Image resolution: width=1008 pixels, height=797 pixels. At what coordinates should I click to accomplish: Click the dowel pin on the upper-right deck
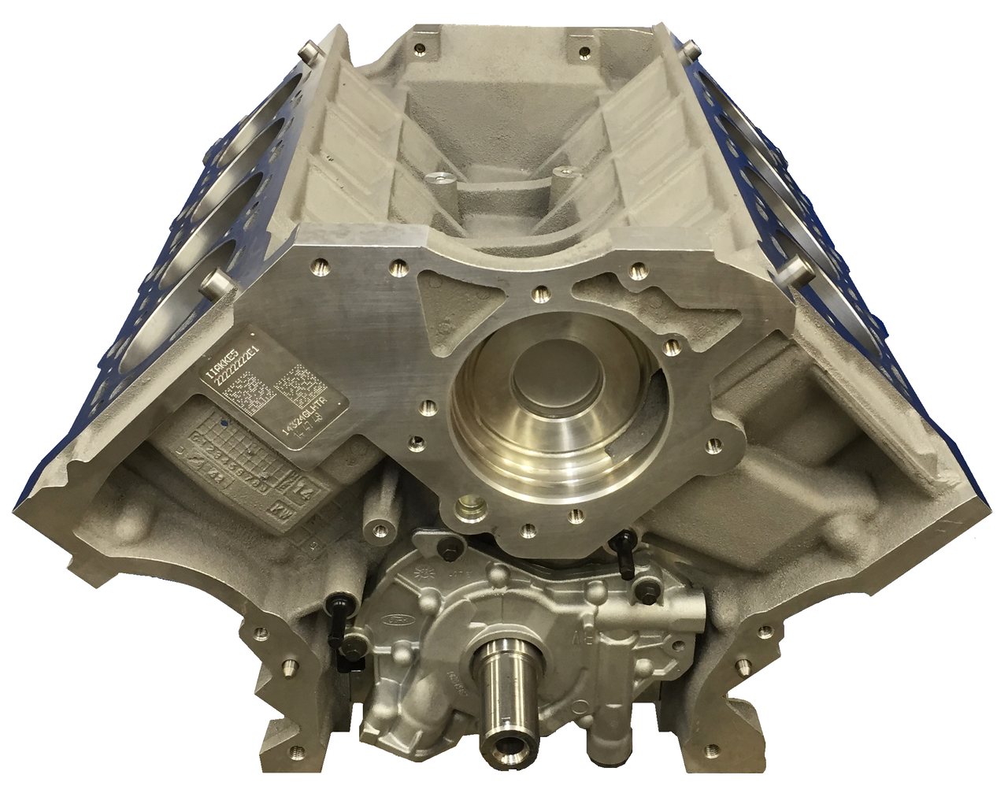click(x=691, y=50)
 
